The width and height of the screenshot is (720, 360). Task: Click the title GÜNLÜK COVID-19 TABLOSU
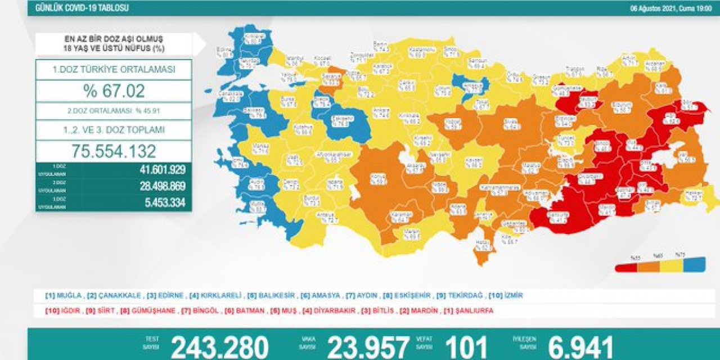click(x=82, y=8)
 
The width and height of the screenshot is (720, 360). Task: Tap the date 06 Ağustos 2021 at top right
click(x=670, y=8)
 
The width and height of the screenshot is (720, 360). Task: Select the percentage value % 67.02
click(x=114, y=91)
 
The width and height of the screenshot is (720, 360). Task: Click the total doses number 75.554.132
click(x=114, y=151)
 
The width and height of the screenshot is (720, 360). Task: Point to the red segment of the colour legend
click(x=626, y=267)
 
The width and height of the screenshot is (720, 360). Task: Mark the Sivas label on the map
click(x=510, y=123)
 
